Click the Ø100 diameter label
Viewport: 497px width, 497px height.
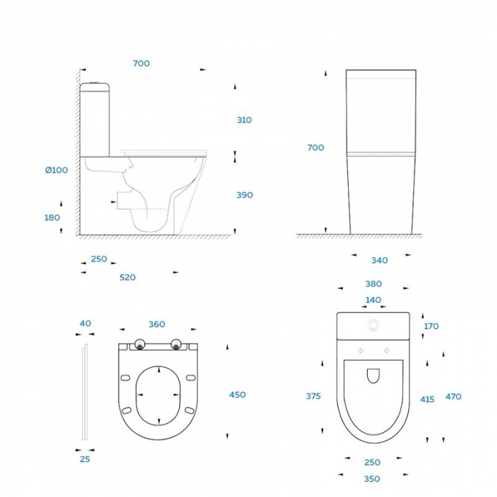[56, 170]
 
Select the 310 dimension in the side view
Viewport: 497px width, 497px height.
[244, 120]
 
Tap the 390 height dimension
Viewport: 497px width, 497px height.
[245, 195]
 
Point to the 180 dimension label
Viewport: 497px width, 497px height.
[52, 218]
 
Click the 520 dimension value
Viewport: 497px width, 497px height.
[127, 278]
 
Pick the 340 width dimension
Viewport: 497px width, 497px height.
[379, 261]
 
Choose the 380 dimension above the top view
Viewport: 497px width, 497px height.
[373, 284]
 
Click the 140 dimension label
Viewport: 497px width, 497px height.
[373, 300]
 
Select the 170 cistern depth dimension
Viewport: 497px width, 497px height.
[431, 326]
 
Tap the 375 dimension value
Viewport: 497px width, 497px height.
[313, 396]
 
